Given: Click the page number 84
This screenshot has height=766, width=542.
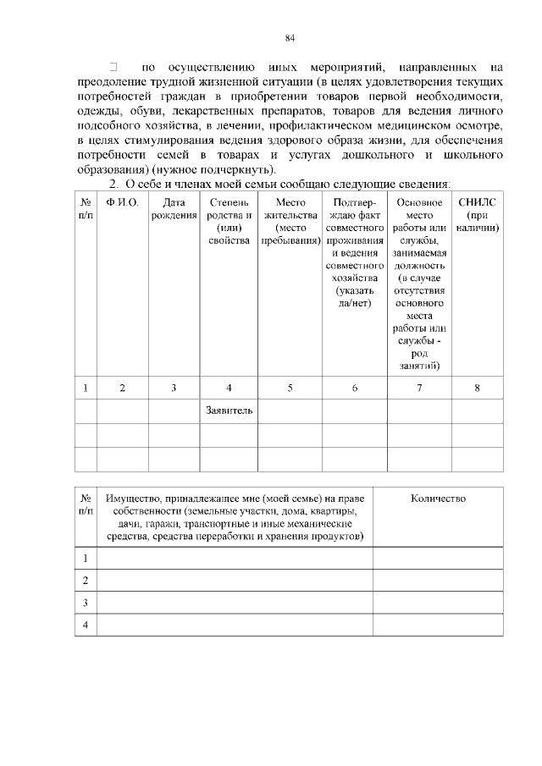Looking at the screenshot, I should point(290,37).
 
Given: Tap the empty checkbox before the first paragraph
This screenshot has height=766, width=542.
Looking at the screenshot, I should point(113,65).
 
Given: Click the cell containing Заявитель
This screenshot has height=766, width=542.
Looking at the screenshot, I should point(229,411).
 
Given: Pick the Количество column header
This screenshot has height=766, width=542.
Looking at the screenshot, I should point(438,499).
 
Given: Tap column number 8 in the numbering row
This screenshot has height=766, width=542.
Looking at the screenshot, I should point(477,388).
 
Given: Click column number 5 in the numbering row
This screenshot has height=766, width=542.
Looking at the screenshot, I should point(290,388).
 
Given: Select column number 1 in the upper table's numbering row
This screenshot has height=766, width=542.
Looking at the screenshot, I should point(86,388).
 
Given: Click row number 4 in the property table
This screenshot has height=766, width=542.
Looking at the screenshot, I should point(86,625).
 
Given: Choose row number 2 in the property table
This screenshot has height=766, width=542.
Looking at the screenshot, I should point(86,581).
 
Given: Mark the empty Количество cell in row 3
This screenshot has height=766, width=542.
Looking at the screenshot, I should point(438,603).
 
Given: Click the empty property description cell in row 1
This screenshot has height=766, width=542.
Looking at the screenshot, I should point(235,559).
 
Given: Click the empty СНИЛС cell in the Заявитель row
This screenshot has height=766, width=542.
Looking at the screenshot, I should point(477,411).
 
